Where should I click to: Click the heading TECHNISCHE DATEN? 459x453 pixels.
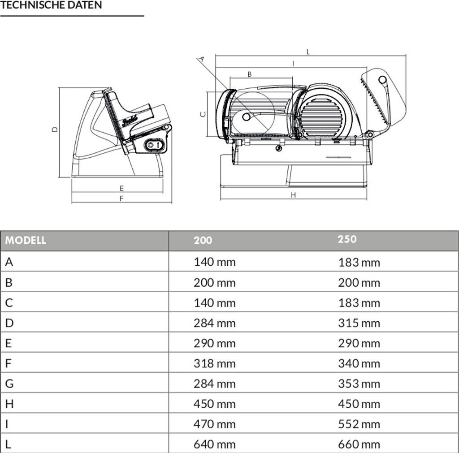[51, 5]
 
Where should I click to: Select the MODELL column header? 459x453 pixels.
[26, 241]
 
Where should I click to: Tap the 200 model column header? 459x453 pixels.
[203, 241]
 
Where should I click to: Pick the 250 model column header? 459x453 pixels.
[347, 239]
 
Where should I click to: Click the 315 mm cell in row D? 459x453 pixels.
[359, 323]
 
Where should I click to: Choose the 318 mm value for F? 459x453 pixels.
[214, 363]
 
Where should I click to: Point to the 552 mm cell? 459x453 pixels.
[359, 424]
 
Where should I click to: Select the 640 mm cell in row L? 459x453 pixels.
[214, 444]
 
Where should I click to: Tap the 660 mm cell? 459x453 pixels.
[359, 444]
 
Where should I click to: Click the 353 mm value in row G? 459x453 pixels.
[359, 384]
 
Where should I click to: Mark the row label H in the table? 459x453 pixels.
[9, 404]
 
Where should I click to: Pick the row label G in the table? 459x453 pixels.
[9, 384]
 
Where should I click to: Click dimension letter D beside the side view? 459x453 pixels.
[55, 129]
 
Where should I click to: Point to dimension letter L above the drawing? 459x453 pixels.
[308, 52]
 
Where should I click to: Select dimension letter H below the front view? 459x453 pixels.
[294, 195]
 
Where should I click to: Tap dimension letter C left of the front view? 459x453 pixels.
[203, 114]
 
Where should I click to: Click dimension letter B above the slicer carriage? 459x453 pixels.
[250, 74]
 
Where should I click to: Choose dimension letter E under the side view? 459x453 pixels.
[121, 189]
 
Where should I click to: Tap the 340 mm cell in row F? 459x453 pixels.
[359, 363]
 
